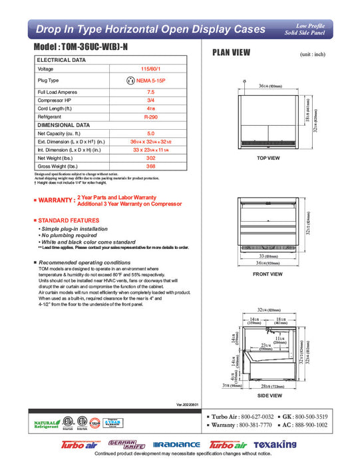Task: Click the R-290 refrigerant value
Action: (150, 115)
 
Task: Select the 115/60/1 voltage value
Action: (150, 69)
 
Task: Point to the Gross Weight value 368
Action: (150, 166)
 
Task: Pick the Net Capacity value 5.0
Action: (150, 133)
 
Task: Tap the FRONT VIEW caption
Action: (268, 274)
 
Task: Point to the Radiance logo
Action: (176, 445)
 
